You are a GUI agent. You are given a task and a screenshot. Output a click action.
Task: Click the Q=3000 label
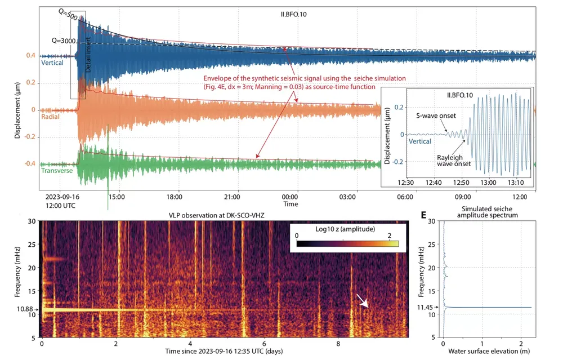(x=64, y=40)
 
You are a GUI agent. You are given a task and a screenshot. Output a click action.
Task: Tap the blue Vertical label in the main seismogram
(x=51, y=63)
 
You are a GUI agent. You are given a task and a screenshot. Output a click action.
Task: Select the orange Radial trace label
(x=50, y=117)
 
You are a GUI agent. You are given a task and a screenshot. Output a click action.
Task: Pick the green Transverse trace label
(x=57, y=170)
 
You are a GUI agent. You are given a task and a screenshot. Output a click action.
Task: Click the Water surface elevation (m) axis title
(x=485, y=353)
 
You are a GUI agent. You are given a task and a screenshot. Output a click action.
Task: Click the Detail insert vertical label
(x=88, y=56)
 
